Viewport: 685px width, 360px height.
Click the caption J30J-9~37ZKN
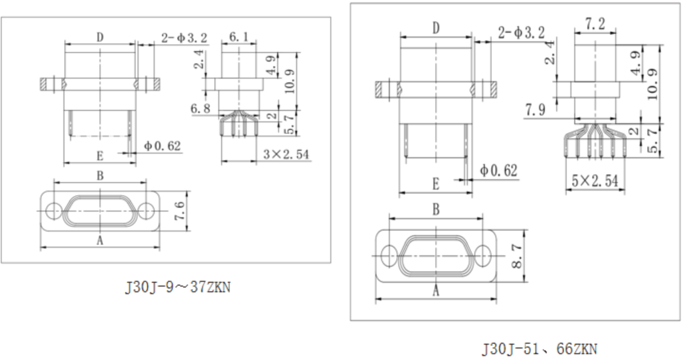pyautogui.click(x=177, y=287)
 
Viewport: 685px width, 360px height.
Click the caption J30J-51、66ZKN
pyautogui.click(x=539, y=349)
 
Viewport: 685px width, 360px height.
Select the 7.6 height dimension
pyautogui.click(x=180, y=211)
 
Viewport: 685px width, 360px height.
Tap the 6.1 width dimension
pyautogui.click(x=239, y=37)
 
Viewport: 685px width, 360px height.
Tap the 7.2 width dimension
pyautogui.click(x=595, y=24)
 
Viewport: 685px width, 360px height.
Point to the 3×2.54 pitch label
pyautogui.click(x=286, y=154)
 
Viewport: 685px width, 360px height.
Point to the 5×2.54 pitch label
pyautogui.click(x=595, y=181)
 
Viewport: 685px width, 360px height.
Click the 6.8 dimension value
pyautogui.click(x=201, y=108)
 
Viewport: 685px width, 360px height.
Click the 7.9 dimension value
pyautogui.click(x=535, y=110)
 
